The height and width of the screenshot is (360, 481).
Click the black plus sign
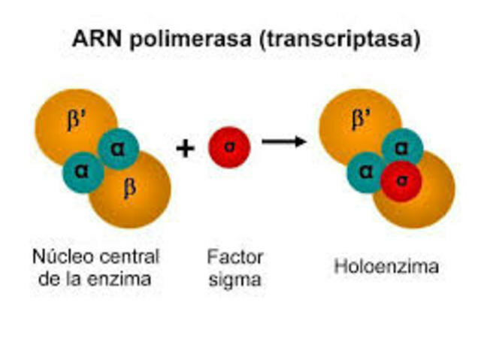point(185,148)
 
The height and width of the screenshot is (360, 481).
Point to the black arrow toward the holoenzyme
point(283,141)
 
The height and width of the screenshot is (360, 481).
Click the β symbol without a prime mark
point(129,187)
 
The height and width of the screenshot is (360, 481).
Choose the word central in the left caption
point(123,257)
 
